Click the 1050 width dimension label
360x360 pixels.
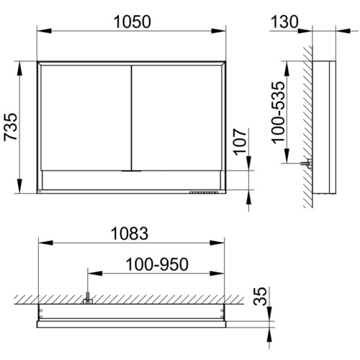click(x=132, y=22)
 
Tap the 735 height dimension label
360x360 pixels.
click(x=11, y=127)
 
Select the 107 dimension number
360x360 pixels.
click(x=240, y=142)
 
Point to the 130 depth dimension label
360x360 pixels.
click(x=284, y=22)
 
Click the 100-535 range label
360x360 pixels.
click(x=278, y=112)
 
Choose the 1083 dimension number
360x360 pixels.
click(x=130, y=233)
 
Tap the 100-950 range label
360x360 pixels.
click(x=157, y=264)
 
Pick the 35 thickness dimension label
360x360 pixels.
click(x=260, y=296)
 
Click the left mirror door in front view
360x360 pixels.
click(x=86, y=118)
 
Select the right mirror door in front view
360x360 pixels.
click(x=177, y=118)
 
